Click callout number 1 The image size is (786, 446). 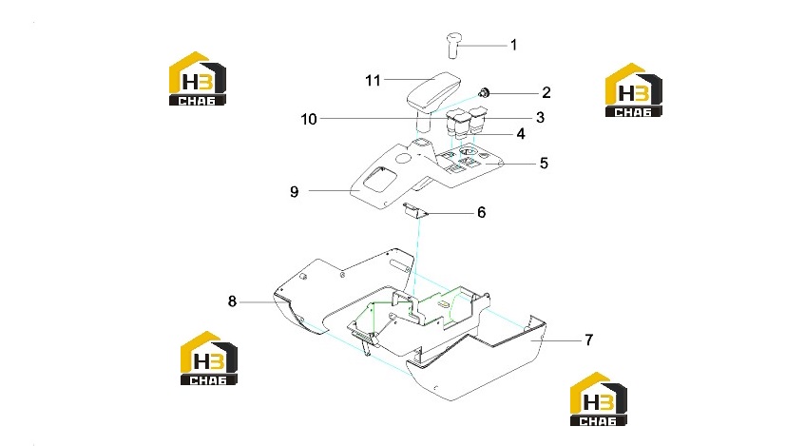coord(513,45)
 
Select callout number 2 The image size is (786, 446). coord(546,92)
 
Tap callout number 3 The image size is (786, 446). coord(540,117)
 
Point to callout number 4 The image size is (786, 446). coord(521,134)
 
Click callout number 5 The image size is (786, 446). coord(544,163)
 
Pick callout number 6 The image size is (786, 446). coord(481,212)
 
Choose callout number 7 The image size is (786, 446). coord(589,340)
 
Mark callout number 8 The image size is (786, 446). coord(232,301)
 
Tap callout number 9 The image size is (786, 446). coord(295,192)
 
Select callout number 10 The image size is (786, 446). coord(309,120)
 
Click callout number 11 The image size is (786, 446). coord(373,80)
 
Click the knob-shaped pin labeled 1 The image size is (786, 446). coord(453,45)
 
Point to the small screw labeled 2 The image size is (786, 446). coord(485,92)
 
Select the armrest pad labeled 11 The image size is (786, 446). coord(433,91)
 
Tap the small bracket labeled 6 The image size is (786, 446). coord(415,210)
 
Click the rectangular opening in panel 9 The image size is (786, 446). coord(380,179)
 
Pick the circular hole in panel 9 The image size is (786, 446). coord(403,159)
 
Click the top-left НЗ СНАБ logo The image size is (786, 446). coord(198,78)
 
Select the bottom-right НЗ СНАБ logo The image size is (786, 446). coord(599,398)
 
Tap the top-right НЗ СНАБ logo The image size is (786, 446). coord(634,89)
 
